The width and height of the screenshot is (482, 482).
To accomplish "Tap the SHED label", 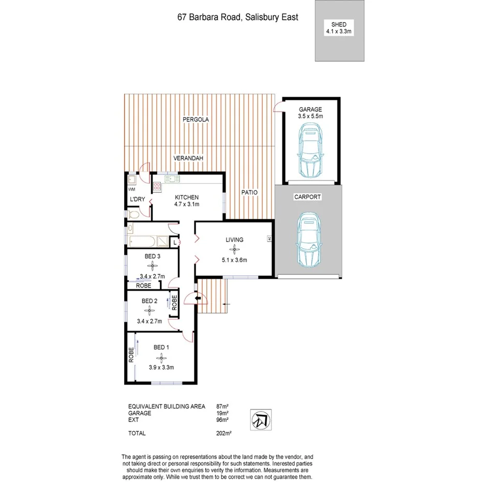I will [339, 24].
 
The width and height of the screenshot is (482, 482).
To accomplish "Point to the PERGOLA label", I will [195, 119].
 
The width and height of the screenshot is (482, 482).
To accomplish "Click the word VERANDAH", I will [188, 158].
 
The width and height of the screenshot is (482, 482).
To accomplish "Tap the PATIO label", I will [249, 192].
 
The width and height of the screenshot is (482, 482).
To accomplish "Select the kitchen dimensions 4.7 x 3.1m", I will [187, 204].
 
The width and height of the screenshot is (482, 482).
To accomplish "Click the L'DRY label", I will [137, 200].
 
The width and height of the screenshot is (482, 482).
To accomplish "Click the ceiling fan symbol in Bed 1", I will [160, 357].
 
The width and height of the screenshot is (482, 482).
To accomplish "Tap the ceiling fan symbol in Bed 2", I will [149, 311].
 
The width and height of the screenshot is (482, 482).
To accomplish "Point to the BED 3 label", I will [152, 256].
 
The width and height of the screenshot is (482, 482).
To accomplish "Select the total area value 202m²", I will [223, 433].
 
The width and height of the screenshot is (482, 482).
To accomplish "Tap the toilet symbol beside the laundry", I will [133, 214].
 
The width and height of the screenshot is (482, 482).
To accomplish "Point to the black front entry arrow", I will [198, 297].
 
